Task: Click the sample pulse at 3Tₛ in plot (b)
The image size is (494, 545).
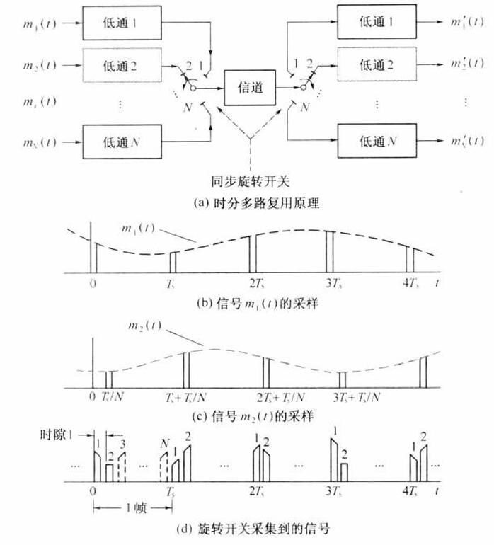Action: click(x=329, y=250)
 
